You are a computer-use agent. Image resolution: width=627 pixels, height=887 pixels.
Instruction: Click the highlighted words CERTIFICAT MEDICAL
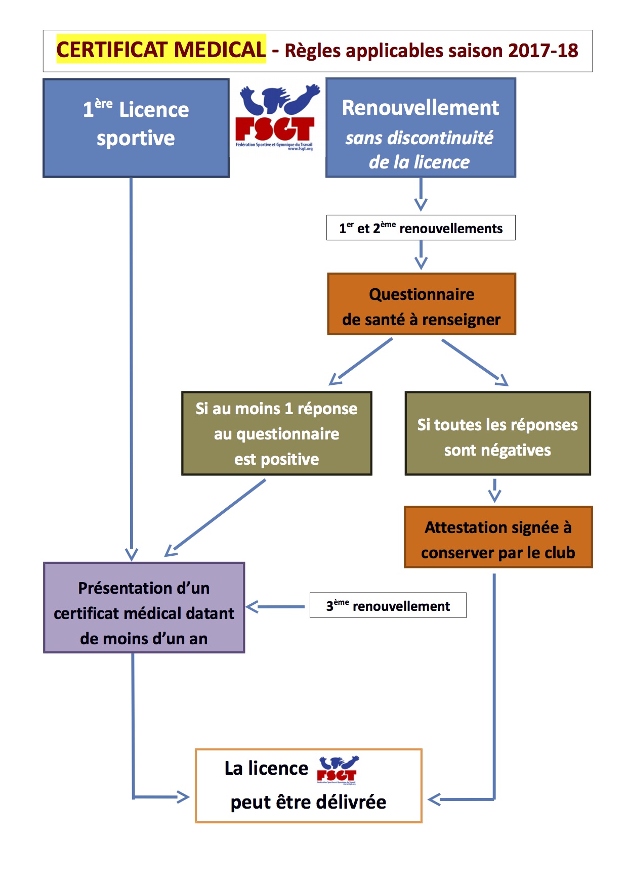pos(161,50)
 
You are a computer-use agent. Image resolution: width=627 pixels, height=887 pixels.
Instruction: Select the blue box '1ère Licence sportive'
pos(136,127)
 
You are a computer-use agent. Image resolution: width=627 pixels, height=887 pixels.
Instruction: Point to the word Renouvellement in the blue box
pos(421,108)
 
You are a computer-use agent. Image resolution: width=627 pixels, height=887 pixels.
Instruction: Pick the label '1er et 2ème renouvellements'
pos(421,228)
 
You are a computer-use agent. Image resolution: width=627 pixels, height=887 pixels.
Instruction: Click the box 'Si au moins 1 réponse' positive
pos(277,433)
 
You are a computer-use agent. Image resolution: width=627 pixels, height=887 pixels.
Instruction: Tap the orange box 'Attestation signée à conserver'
pos(498,537)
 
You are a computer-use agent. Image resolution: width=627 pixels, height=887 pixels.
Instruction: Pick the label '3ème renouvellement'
pos(388,606)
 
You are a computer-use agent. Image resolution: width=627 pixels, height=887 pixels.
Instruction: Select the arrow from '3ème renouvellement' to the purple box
pos(275,606)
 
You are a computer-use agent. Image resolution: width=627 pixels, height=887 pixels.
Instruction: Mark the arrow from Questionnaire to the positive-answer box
pos(360,362)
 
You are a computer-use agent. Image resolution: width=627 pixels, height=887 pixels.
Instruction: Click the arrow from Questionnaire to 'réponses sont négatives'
pos(475,362)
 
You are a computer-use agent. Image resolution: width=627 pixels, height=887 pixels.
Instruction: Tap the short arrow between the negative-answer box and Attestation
pos(495,490)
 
